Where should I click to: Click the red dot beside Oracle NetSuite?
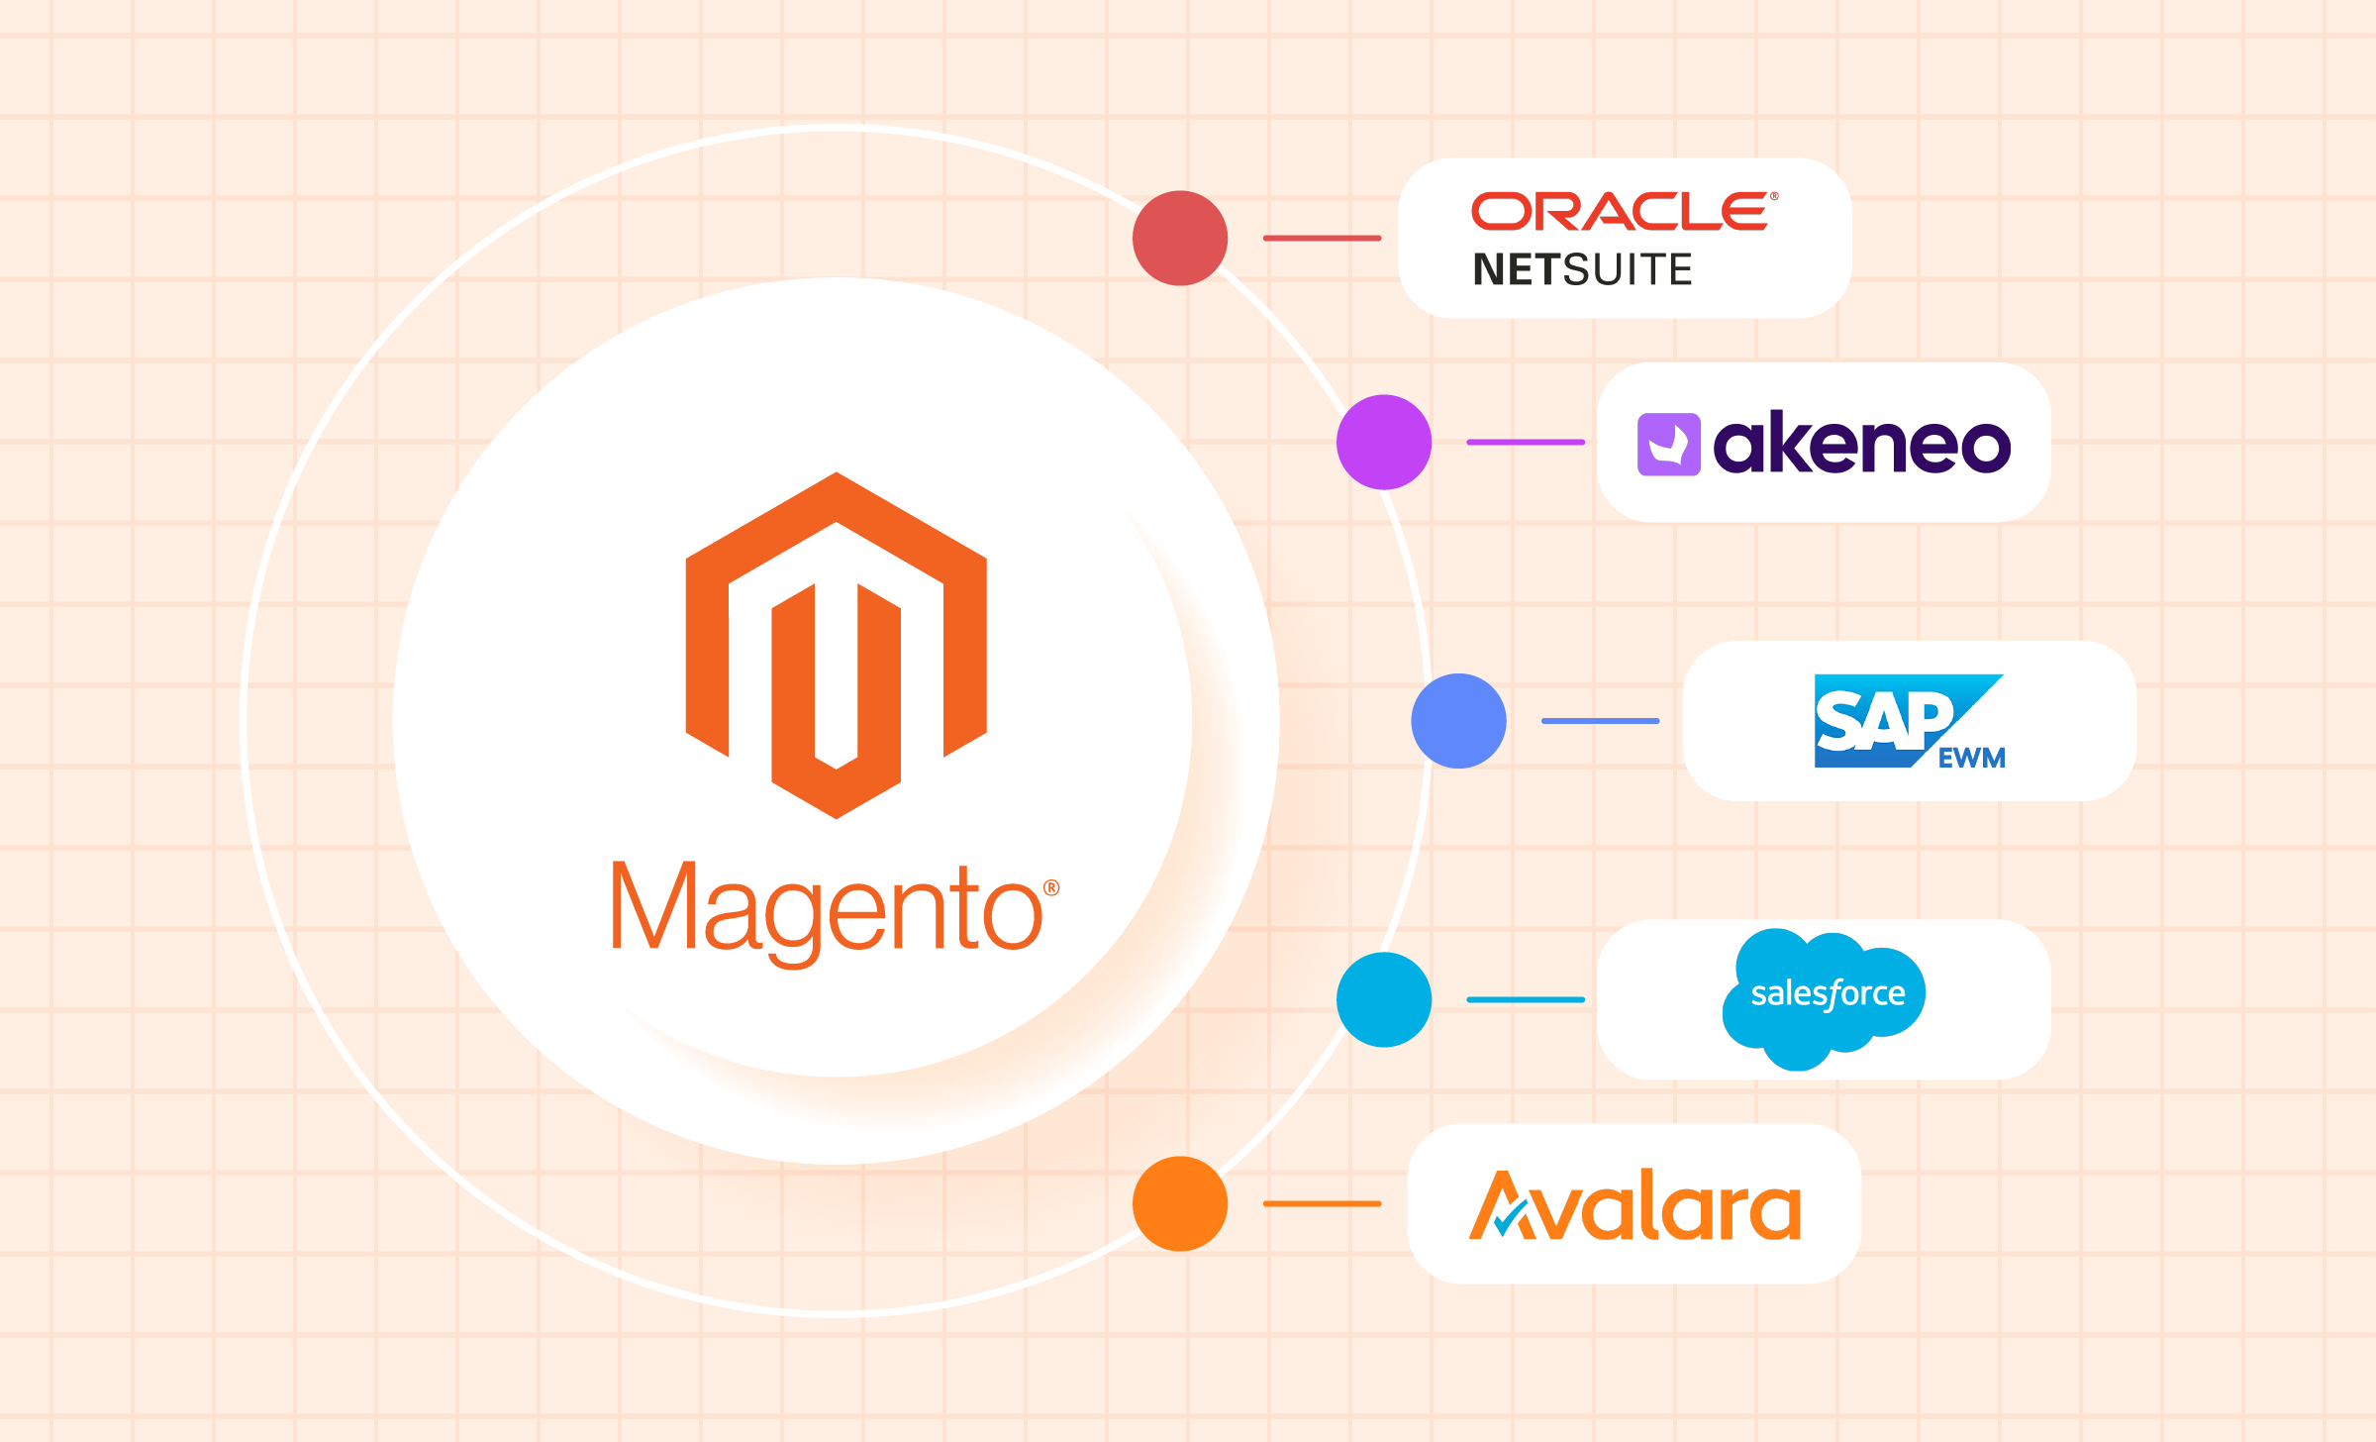click(x=1180, y=239)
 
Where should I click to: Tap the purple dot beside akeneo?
click(x=1384, y=442)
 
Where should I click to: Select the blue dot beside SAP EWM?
click(x=1458, y=721)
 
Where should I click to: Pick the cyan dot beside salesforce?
click(x=1384, y=999)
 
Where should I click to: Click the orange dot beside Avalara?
click(x=1180, y=1203)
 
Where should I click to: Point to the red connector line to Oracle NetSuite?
click(x=1322, y=239)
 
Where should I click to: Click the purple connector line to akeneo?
click(x=1525, y=442)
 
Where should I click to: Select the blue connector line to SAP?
click(x=1600, y=721)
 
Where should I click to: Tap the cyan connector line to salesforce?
click(x=1525, y=999)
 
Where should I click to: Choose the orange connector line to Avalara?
click(x=1322, y=1203)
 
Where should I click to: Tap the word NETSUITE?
click(x=1582, y=269)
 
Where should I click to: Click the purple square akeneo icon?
click(x=1668, y=444)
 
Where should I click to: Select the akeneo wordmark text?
click(x=1861, y=444)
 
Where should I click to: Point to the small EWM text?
click(x=1971, y=758)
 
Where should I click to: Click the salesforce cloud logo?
click(x=1825, y=996)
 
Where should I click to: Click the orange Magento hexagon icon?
click(x=837, y=645)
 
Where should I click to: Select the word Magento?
click(x=827, y=909)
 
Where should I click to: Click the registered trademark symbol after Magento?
click(x=1051, y=888)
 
